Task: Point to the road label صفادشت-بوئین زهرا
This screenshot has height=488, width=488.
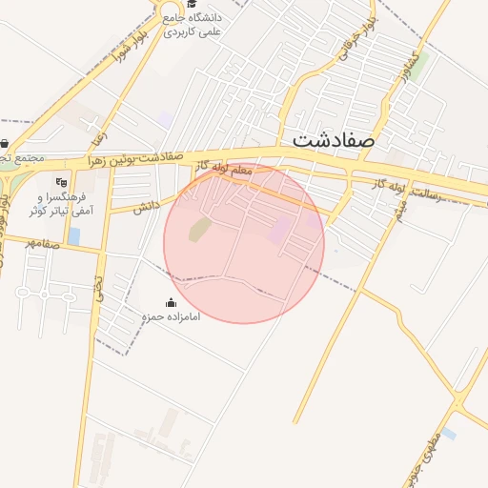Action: [133, 159]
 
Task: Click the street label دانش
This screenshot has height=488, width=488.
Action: [145, 206]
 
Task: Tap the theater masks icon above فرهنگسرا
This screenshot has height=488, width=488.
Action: [63, 182]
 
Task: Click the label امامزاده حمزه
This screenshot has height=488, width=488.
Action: [172, 315]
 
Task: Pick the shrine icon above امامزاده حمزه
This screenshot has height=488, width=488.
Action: [171, 302]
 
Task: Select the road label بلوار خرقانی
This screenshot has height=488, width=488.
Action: [350, 43]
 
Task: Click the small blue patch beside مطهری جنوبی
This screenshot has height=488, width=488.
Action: [448, 434]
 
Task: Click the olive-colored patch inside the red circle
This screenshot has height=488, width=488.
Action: [199, 229]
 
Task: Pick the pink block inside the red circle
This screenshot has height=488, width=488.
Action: [280, 230]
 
